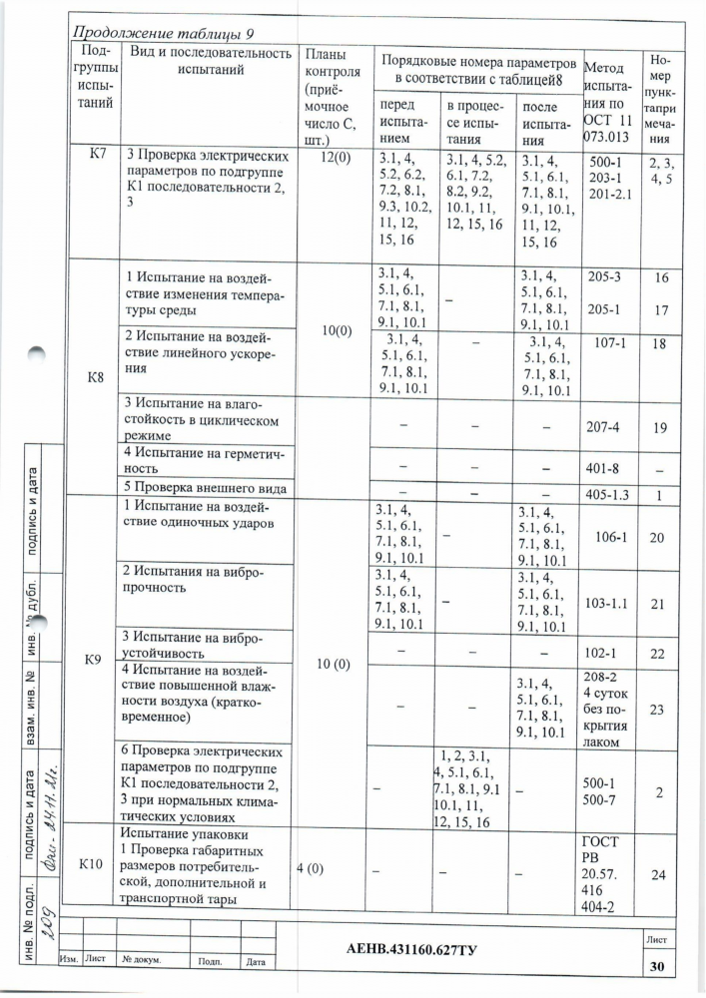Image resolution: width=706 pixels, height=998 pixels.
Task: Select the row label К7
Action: pos(98,155)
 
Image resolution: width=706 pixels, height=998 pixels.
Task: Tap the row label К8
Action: pos(97,378)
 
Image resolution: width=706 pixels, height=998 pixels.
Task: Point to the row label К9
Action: pos(97,660)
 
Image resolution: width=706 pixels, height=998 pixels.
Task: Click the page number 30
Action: pos(656,965)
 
